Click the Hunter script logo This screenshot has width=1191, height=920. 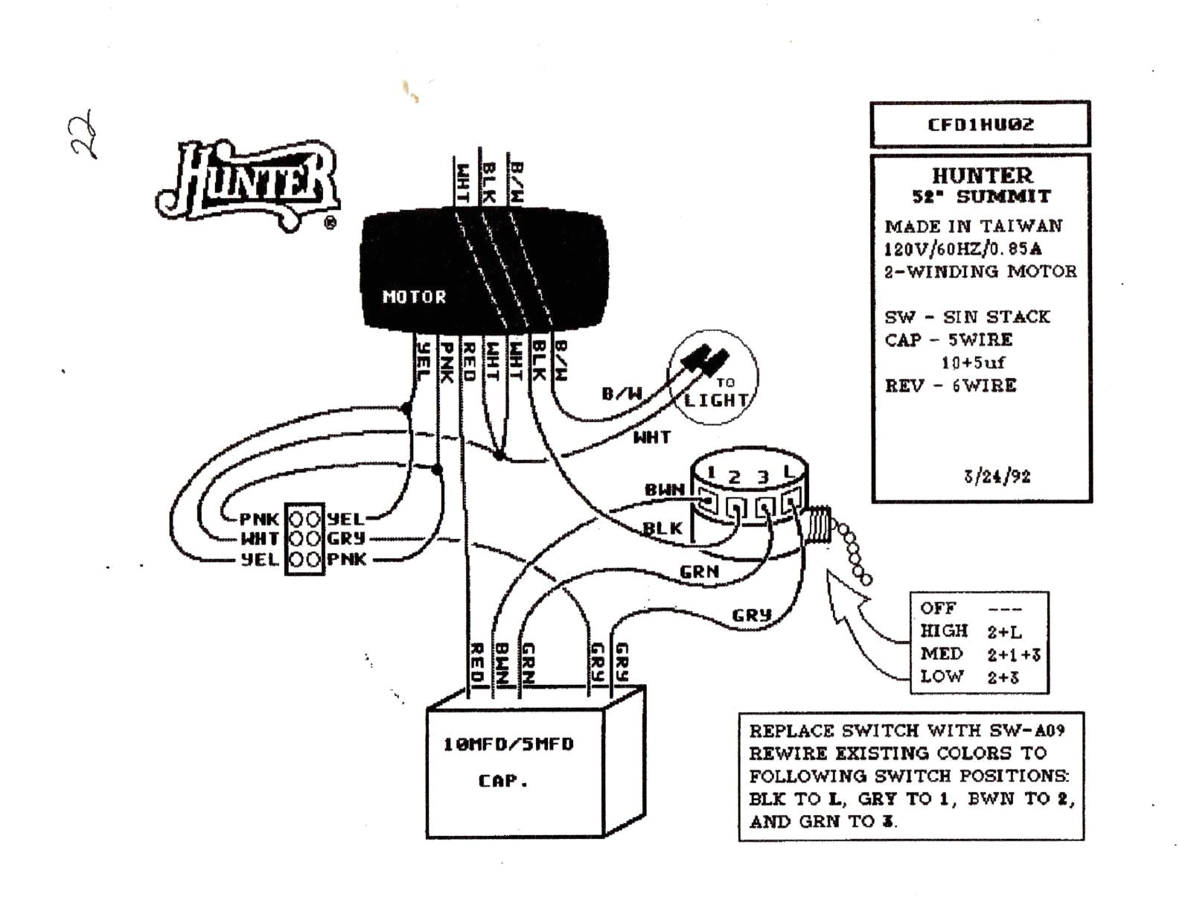(x=249, y=182)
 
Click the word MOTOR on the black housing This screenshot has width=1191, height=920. (x=414, y=297)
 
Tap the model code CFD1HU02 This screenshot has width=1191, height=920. (x=980, y=124)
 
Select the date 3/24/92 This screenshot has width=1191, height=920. (x=997, y=476)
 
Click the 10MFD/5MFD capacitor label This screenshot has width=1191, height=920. (x=508, y=744)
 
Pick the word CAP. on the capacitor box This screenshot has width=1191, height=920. (x=502, y=781)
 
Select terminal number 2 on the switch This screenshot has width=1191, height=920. (x=734, y=477)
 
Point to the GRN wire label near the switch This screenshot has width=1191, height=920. (x=699, y=572)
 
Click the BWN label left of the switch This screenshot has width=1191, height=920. (x=664, y=490)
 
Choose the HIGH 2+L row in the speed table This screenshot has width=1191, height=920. (x=971, y=631)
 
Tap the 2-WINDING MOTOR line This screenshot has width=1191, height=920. (x=980, y=271)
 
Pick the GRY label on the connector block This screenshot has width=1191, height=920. (x=346, y=538)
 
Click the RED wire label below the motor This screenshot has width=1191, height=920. (x=469, y=362)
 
